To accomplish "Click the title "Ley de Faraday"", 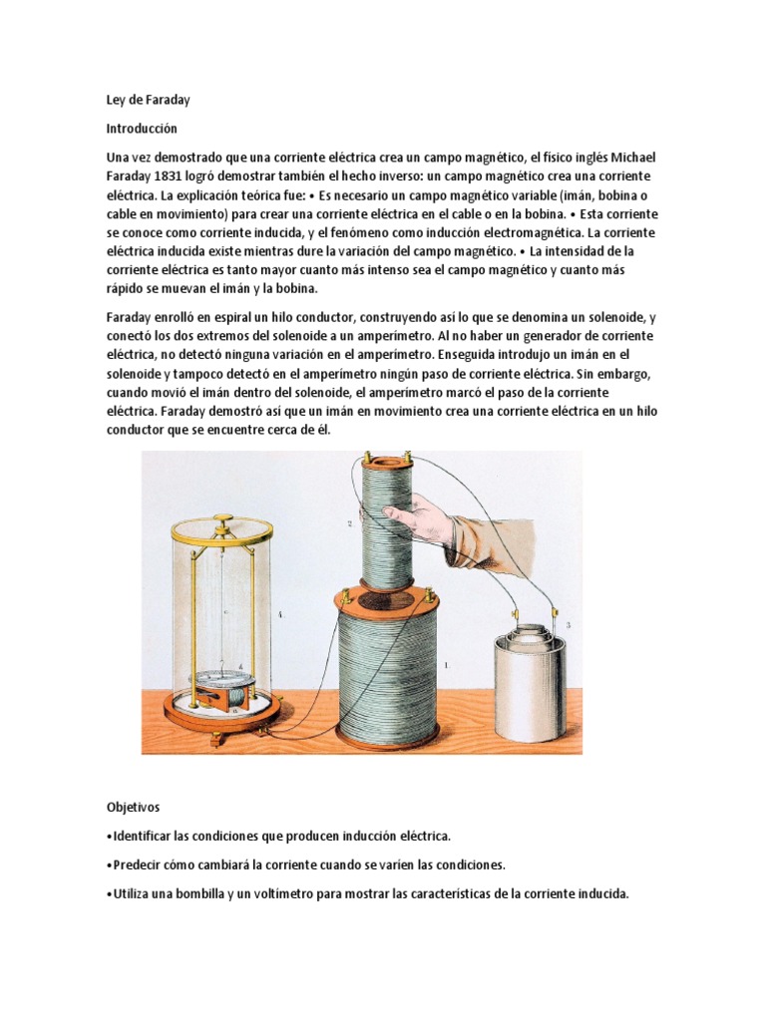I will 148,100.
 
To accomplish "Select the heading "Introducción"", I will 142,129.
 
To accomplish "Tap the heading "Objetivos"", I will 135,806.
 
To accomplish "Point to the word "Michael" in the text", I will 627,158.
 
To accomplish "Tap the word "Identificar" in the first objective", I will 143,835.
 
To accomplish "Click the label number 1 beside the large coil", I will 446,661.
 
